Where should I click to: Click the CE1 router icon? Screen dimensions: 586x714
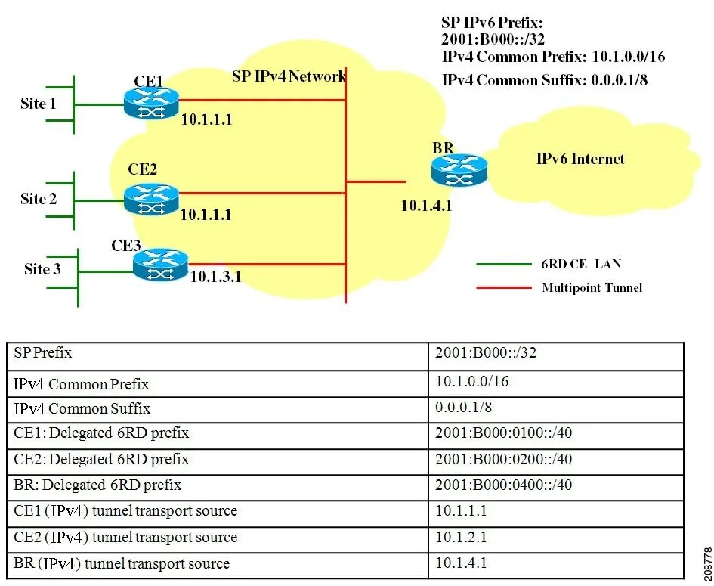151,103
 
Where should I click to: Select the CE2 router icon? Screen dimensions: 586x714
151,198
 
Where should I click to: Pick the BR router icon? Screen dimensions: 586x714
459,169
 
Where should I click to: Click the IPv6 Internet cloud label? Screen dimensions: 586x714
580,159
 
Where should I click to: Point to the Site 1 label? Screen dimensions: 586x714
39,104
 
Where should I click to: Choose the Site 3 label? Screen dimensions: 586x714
42,269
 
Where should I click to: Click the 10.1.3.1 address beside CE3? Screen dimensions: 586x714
215,277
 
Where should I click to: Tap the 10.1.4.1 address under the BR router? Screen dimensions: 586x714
426,206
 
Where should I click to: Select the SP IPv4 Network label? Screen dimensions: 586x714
289,76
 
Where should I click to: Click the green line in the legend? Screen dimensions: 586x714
504,265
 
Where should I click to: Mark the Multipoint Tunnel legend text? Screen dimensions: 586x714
592,287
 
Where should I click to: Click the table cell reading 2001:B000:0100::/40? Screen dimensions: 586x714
503,433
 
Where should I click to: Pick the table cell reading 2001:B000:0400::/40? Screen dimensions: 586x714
503,485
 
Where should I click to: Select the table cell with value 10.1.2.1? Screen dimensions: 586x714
461,537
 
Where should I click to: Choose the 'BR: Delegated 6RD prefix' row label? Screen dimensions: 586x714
97,485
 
